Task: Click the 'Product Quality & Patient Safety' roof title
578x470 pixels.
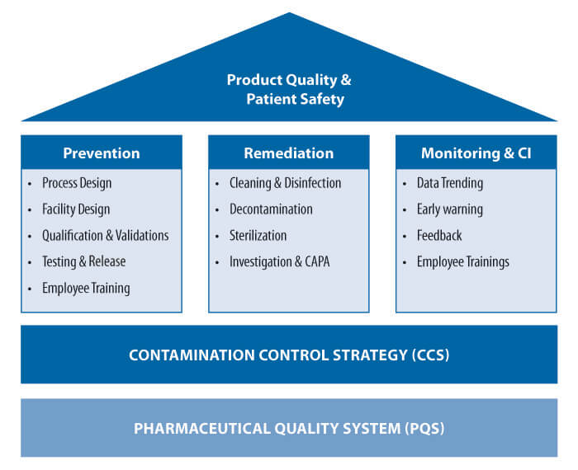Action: (289, 90)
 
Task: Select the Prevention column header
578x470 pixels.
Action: (102, 153)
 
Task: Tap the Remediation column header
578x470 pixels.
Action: (289, 153)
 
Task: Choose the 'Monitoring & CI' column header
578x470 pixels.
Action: (476, 153)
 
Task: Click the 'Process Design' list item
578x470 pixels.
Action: (77, 183)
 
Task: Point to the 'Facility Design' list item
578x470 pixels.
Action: (76, 209)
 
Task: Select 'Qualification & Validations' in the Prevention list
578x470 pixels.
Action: (105, 236)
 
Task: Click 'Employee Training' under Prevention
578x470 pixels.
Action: (86, 289)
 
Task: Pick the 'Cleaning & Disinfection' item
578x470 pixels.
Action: (285, 183)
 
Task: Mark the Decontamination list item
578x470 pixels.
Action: (271, 209)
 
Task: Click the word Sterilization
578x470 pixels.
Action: (258, 236)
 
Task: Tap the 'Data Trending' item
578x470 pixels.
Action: (450, 183)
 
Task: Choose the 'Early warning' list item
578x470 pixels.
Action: (450, 209)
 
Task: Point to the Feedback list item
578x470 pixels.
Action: (439, 236)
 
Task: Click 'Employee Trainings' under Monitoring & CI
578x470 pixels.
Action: (463, 262)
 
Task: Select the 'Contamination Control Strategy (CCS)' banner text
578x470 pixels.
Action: (289, 355)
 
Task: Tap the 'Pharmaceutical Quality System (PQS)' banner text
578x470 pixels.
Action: (289, 429)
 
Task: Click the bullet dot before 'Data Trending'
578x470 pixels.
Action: (405, 184)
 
